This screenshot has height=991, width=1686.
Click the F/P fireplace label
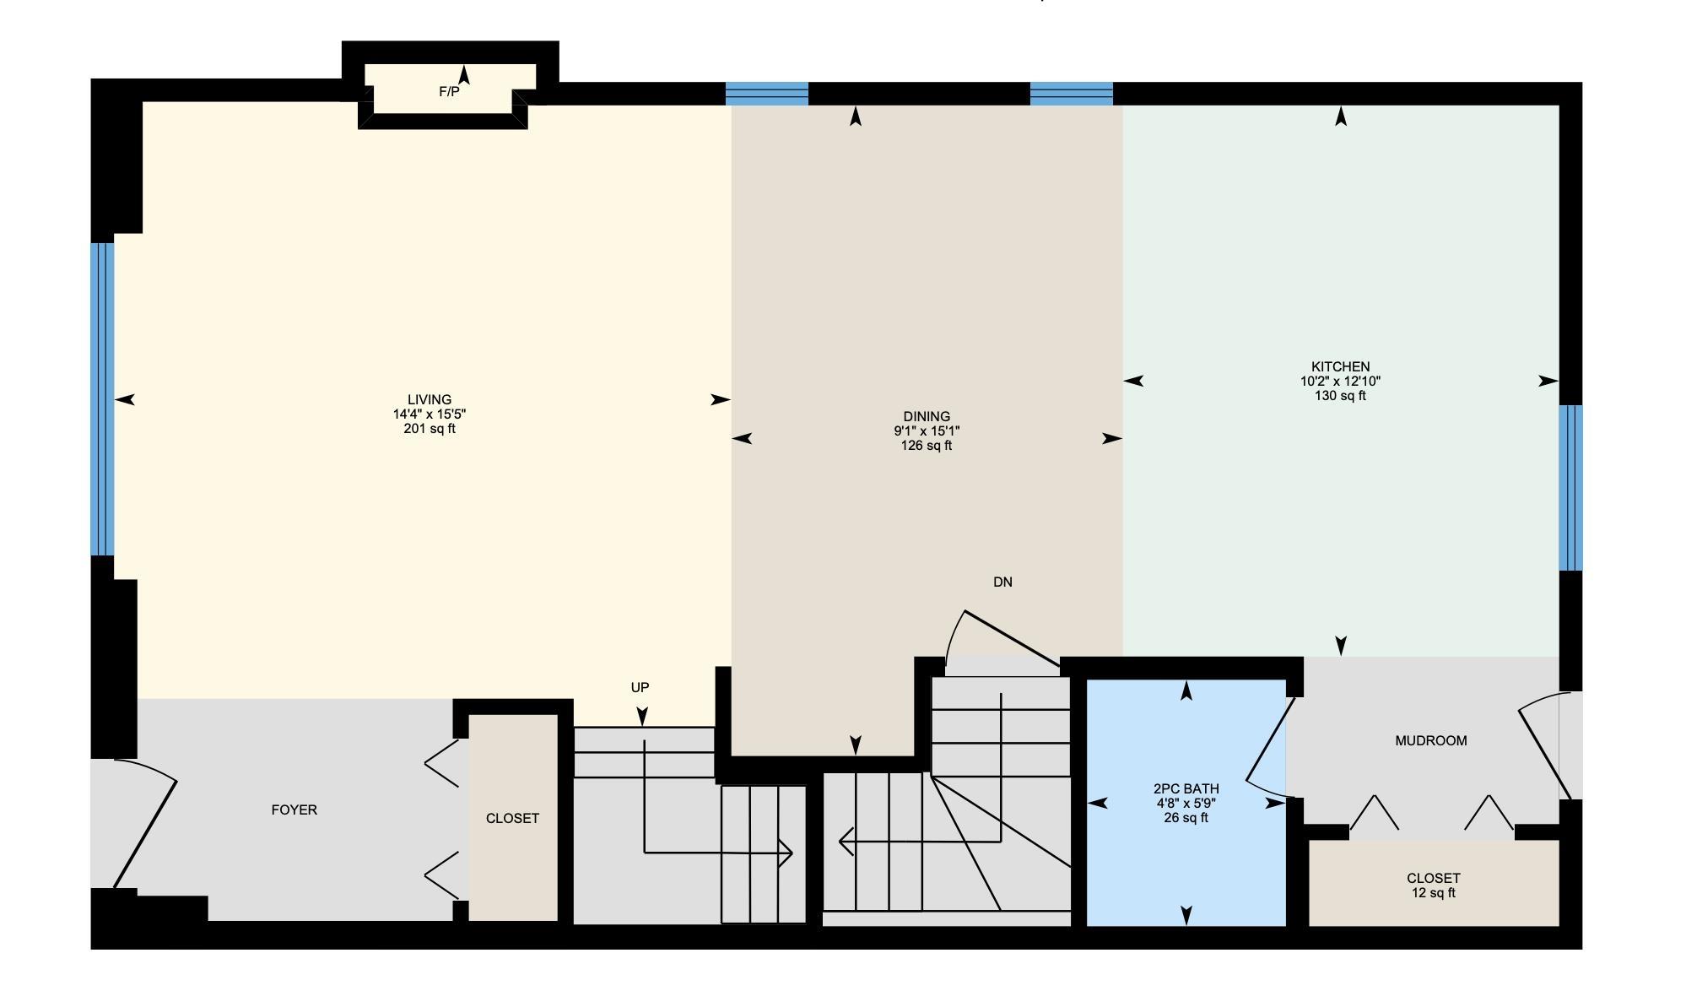pyautogui.click(x=449, y=92)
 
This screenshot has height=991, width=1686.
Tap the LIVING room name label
pyautogui.click(x=430, y=400)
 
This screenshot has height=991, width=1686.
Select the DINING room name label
pyautogui.click(x=927, y=416)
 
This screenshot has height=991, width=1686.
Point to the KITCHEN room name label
pyautogui.click(x=1341, y=366)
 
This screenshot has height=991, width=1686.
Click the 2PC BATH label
pyautogui.click(x=1186, y=788)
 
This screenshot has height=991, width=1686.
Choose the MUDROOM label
pyautogui.click(x=1431, y=741)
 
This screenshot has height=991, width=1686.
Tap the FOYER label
pyautogui.click(x=295, y=810)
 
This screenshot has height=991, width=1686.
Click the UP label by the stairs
pyautogui.click(x=640, y=688)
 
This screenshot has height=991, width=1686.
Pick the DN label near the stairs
pyautogui.click(x=1002, y=582)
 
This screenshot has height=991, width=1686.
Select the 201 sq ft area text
pyautogui.click(x=430, y=429)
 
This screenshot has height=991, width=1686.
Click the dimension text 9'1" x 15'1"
pyautogui.click(x=927, y=431)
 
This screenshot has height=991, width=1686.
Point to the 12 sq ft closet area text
pyautogui.click(x=1434, y=893)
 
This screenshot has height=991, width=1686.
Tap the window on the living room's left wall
pyautogui.click(x=102, y=399)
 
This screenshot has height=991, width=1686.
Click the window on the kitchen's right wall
pyautogui.click(x=1570, y=488)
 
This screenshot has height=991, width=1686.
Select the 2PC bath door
pyautogui.click(x=1268, y=748)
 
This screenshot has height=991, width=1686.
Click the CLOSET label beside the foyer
pyautogui.click(x=512, y=819)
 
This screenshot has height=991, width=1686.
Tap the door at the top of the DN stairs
pyautogui.click(x=1002, y=639)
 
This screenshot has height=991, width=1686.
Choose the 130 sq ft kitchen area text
pyautogui.click(x=1341, y=396)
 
